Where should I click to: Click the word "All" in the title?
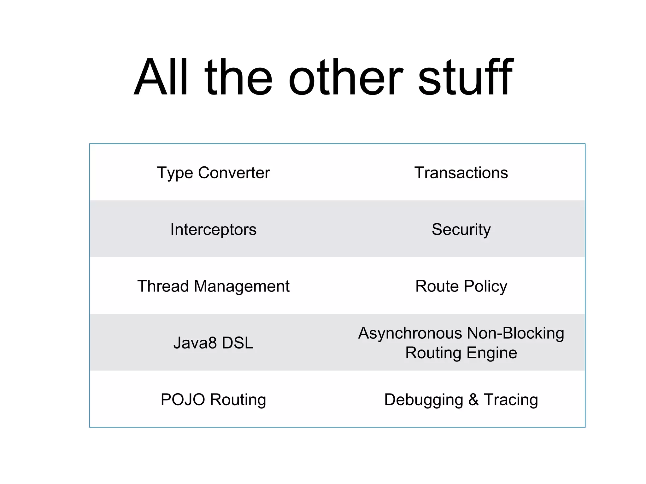pyautogui.click(x=161, y=77)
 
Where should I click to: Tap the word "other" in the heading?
pyautogui.click(x=346, y=77)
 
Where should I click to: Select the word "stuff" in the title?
pyautogui.click(x=466, y=77)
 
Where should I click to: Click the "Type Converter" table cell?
pyautogui.click(x=214, y=173)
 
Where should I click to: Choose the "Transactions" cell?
pyautogui.click(x=461, y=173)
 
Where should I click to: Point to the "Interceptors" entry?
pyautogui.click(x=214, y=229)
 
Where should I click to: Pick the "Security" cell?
pyautogui.click(x=461, y=229)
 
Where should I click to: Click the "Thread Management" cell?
pyautogui.click(x=214, y=286)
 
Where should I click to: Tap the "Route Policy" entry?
pyautogui.click(x=461, y=286)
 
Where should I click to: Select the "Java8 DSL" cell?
pyautogui.click(x=214, y=343)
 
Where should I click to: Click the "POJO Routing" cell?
pyautogui.click(x=214, y=400)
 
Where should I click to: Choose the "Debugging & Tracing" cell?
pyautogui.click(x=461, y=400)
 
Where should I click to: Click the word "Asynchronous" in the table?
pyautogui.click(x=410, y=333)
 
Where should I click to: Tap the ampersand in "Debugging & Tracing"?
pyautogui.click(x=473, y=400)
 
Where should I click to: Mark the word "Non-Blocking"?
pyautogui.click(x=515, y=333)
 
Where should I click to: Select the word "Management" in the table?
pyautogui.click(x=242, y=286)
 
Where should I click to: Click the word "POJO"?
pyautogui.click(x=183, y=400)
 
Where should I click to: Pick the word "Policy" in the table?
pyautogui.click(x=485, y=286)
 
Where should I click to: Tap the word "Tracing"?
pyautogui.click(x=511, y=400)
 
